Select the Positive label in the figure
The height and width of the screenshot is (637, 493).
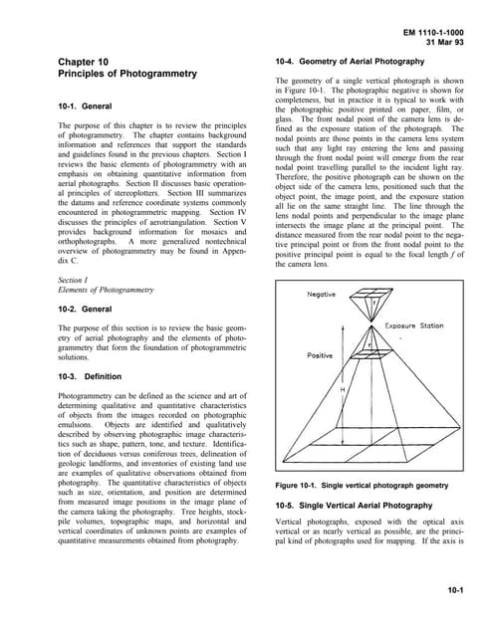point(320,354)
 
